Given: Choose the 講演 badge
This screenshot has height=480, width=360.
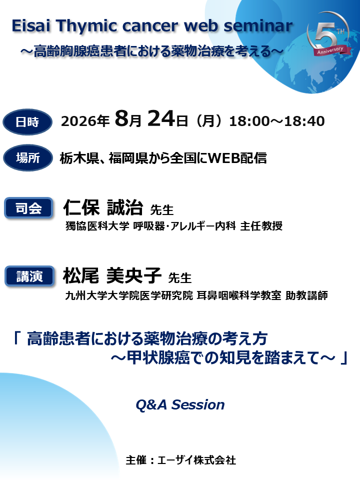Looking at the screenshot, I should click(28, 276).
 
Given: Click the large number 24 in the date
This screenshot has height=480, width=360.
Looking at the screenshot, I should click(161, 120).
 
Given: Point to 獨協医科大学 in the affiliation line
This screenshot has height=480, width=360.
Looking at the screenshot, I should click(97, 226).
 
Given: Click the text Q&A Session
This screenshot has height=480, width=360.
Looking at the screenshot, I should click(180, 404).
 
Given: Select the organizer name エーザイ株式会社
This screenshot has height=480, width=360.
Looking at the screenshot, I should click(196, 460).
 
